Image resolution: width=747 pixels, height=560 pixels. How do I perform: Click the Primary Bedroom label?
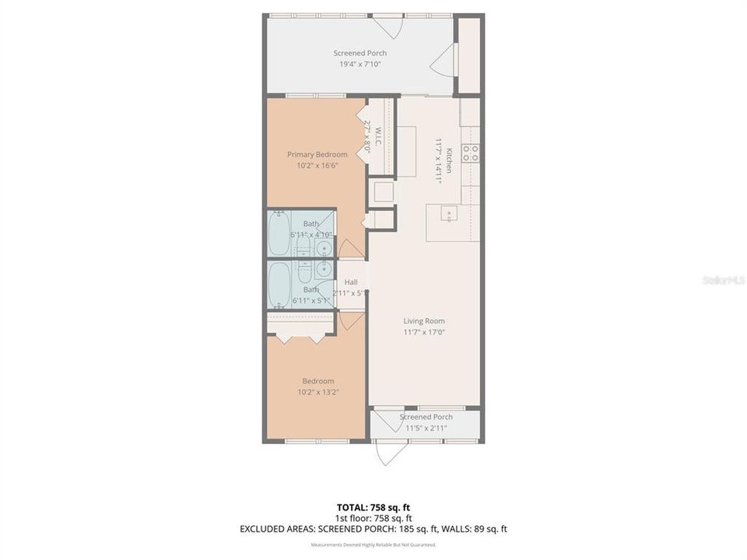[317, 155]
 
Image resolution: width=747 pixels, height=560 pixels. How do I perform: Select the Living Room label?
[424, 321]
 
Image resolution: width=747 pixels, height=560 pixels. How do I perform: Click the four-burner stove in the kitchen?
[470, 153]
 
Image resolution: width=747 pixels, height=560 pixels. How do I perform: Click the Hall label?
[351, 282]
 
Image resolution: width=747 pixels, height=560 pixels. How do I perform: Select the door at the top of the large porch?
[386, 26]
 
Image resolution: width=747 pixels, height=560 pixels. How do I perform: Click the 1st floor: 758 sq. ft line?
[373, 518]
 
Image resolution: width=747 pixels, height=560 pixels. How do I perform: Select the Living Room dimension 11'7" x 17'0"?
[424, 332]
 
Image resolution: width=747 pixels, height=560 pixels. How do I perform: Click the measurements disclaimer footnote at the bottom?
[373, 544]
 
